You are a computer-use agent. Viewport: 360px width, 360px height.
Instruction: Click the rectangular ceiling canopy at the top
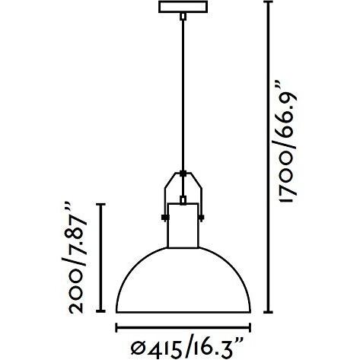[183, 7]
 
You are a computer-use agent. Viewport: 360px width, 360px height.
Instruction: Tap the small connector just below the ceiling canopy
[183, 17]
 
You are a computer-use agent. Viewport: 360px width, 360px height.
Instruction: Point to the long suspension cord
[183, 91]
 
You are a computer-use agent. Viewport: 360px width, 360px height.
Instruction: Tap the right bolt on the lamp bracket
[201, 215]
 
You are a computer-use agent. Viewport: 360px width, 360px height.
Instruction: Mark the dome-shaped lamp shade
[183, 282]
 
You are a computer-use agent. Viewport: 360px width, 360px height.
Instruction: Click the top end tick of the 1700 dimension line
[269, 2]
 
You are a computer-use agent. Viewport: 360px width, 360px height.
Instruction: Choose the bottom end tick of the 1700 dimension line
[269, 313]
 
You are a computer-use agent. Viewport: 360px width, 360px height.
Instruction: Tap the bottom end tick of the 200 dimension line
[100, 313]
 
